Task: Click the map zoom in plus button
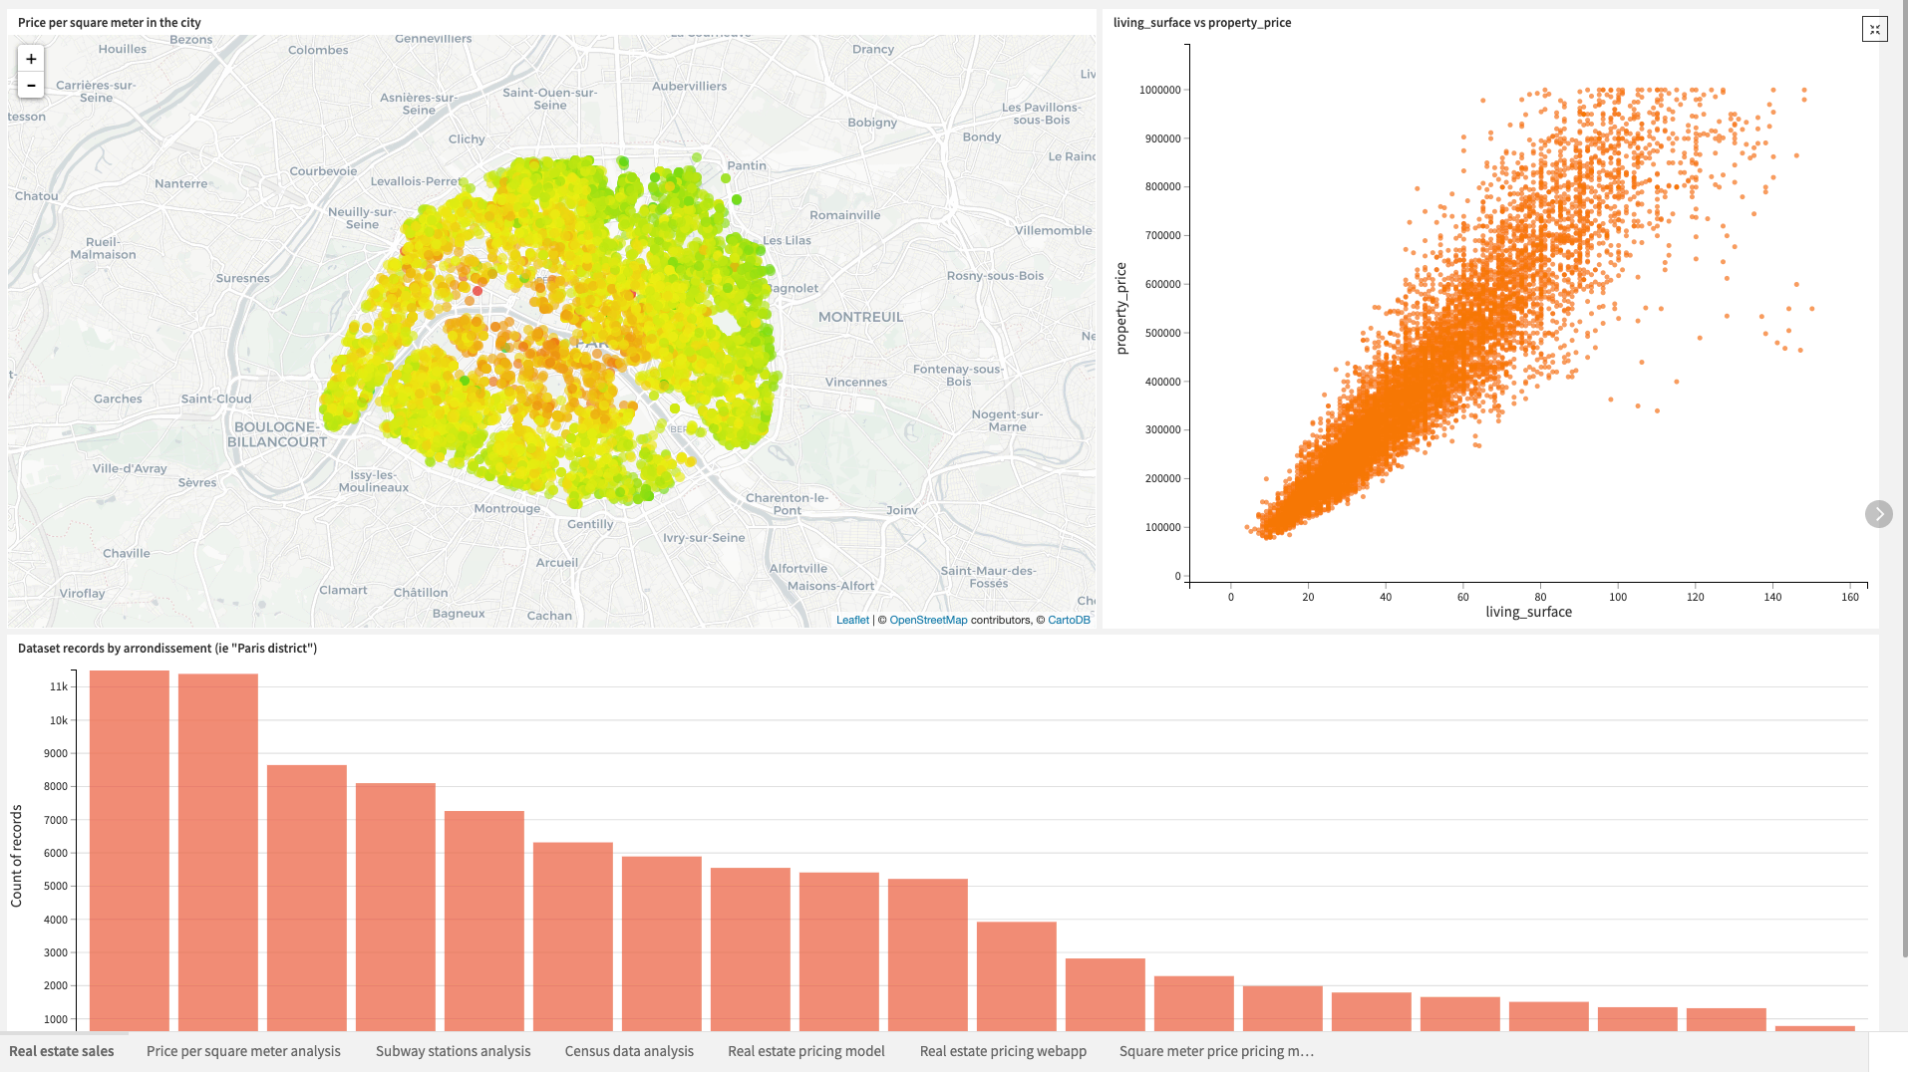(31, 59)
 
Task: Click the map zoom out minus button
(31, 86)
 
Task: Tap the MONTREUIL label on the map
(860, 317)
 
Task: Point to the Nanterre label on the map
(180, 183)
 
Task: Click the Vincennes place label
(855, 382)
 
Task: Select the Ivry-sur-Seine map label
(704, 538)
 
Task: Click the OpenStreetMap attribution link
(928, 620)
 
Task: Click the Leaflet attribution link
(852, 620)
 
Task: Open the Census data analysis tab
(629, 1051)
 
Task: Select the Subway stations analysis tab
(453, 1051)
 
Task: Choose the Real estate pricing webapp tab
(1003, 1051)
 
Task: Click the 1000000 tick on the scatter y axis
(1159, 90)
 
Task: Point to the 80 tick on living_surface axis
(1540, 597)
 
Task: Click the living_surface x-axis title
(1528, 612)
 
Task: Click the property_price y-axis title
(1121, 309)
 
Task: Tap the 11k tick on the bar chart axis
(59, 686)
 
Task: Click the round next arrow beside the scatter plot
(1878, 514)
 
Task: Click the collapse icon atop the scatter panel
(1874, 29)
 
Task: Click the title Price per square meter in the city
(110, 22)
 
